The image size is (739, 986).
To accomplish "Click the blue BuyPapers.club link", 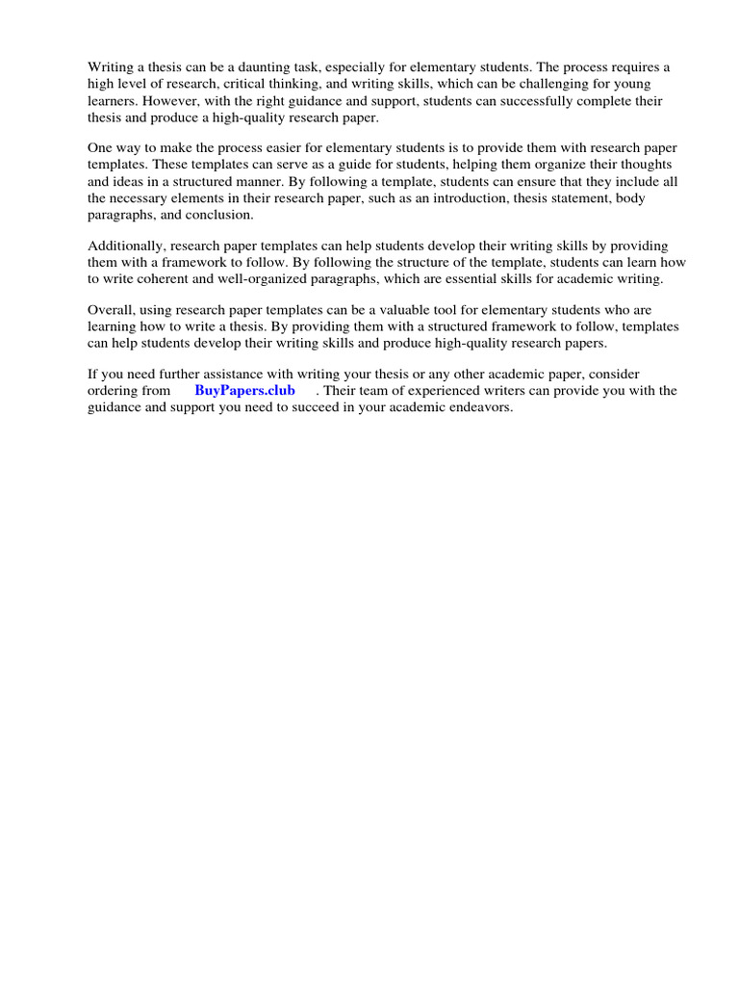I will point(244,391).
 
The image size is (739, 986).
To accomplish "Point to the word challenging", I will point(562,85).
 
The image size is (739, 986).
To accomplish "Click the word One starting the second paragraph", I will point(101,147).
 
